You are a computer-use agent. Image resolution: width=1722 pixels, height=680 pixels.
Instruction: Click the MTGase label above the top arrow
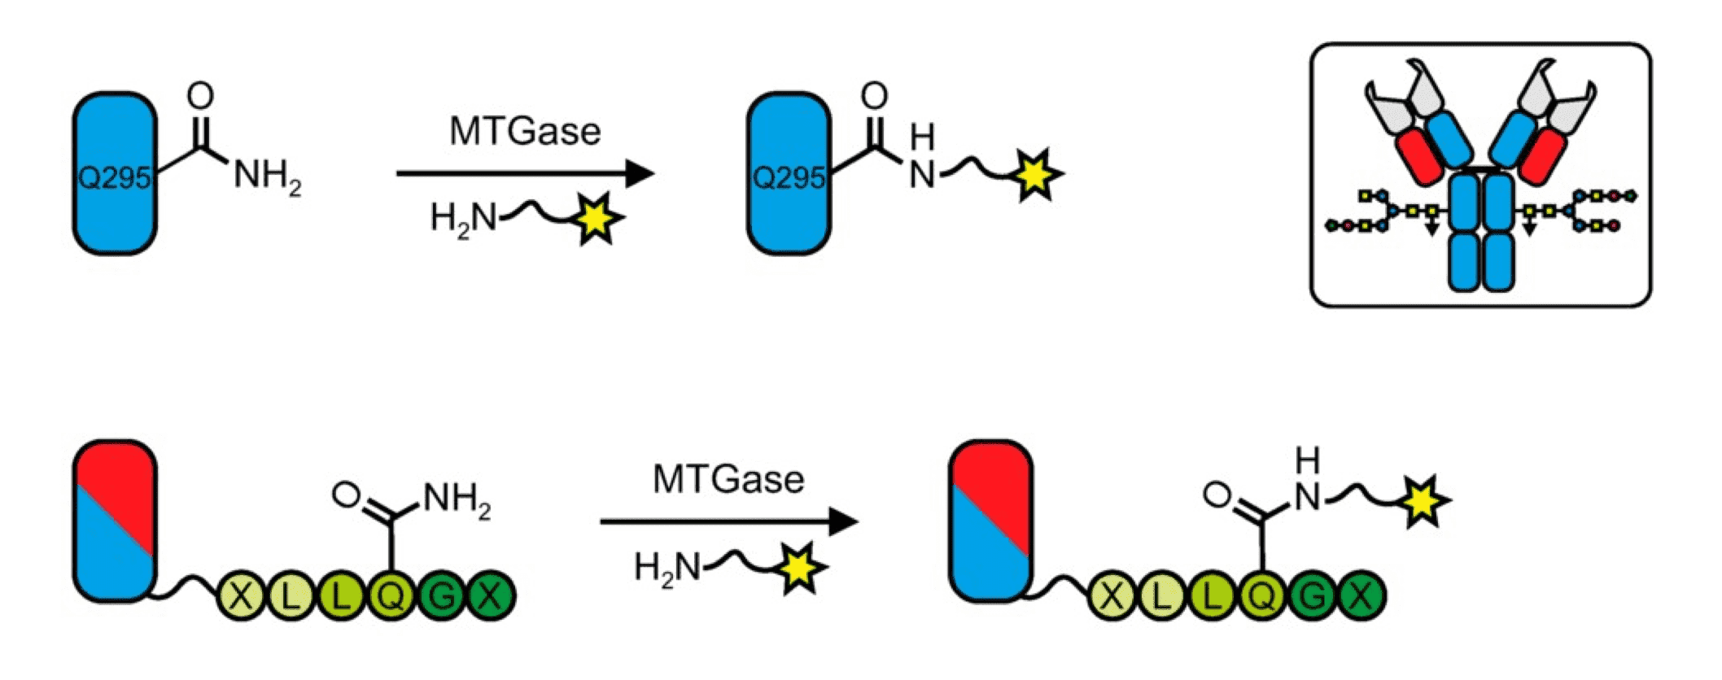525,132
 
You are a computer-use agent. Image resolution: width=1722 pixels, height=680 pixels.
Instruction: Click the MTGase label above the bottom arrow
728,480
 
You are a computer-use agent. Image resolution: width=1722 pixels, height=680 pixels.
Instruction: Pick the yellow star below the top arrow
597,218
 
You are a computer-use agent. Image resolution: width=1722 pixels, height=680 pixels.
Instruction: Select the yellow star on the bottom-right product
1423,502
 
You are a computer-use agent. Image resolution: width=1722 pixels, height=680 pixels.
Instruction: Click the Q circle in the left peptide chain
391,597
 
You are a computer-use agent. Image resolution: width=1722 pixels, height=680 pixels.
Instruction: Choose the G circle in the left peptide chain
442,597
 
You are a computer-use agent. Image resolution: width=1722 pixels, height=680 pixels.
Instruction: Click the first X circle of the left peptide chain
241,597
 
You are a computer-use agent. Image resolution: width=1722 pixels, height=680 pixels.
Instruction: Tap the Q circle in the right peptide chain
1262,597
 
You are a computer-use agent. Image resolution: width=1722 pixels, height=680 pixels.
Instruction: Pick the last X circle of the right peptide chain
1361,597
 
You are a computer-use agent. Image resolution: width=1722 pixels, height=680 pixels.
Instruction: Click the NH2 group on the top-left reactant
267,176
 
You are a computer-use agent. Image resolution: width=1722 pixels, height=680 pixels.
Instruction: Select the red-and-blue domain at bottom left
115,521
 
